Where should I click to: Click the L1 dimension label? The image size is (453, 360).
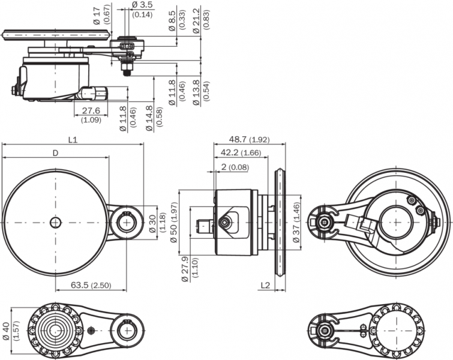pyautogui.click(x=73, y=139)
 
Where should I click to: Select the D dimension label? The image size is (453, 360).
pyautogui.click(x=55, y=153)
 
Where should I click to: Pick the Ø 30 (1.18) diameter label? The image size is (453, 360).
pyautogui.click(x=155, y=223)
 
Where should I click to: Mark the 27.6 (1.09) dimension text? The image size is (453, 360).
pyautogui.click(x=91, y=115)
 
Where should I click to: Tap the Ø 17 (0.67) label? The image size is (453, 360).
pyautogui.click(x=101, y=16)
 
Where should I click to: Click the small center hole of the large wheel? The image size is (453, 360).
pyautogui.click(x=55, y=223)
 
